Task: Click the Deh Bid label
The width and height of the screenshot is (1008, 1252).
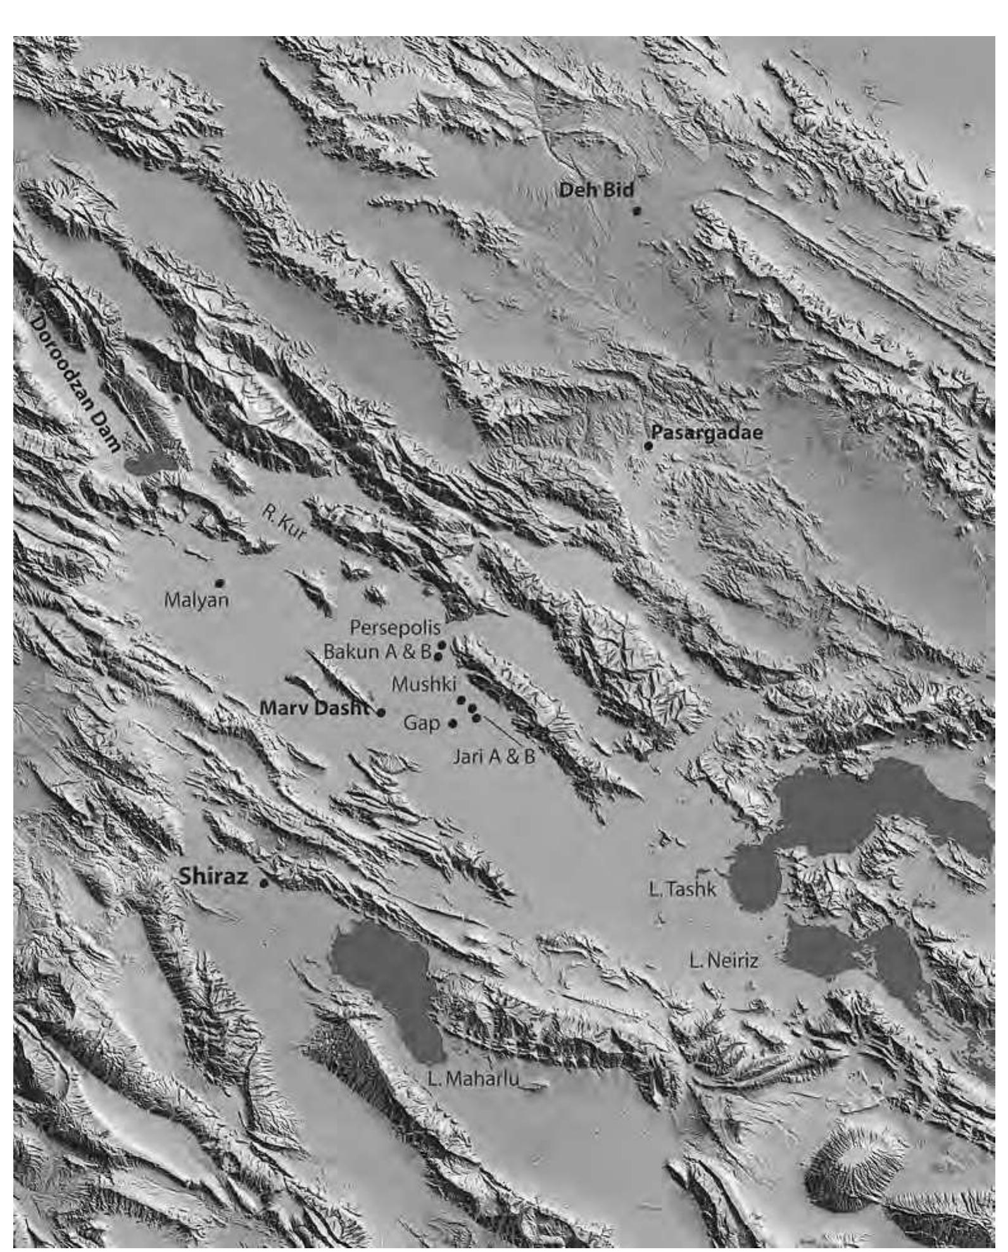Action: click(596, 189)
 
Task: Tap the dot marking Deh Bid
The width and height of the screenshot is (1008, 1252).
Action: click(637, 211)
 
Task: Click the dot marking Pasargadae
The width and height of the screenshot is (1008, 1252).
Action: click(648, 446)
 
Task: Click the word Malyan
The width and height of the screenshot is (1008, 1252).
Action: click(196, 600)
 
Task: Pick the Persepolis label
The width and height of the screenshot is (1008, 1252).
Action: click(394, 628)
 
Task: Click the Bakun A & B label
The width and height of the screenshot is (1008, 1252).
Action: click(377, 651)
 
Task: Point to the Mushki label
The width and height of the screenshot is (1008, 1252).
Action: click(424, 684)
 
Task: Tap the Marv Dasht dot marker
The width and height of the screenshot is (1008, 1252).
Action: click(381, 713)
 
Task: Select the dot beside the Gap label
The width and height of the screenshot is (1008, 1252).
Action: click(452, 723)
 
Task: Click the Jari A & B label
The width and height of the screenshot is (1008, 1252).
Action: click(494, 756)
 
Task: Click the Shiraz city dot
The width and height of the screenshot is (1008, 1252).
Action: click(265, 883)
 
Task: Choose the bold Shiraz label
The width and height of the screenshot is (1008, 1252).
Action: click(213, 877)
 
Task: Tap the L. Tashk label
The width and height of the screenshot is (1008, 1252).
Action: click(683, 889)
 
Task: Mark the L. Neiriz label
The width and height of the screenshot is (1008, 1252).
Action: click(724, 961)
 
